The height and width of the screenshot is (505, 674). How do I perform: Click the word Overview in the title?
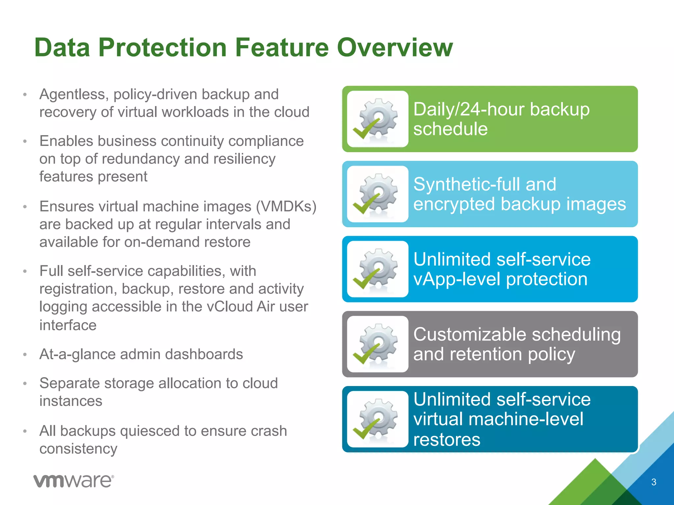coord(395,47)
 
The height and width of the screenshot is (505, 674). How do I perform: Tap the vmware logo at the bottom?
coord(74,481)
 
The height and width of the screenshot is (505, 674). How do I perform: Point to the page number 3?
coord(654,482)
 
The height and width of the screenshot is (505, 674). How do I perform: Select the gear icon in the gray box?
coord(378,344)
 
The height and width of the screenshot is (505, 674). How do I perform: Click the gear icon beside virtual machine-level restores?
coord(378,419)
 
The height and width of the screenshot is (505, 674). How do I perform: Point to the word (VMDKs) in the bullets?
coord(286,206)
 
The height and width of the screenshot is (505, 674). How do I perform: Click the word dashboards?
coord(204,354)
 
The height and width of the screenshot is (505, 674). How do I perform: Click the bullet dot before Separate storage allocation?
coord(25,384)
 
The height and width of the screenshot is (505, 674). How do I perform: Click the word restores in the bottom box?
coord(447,440)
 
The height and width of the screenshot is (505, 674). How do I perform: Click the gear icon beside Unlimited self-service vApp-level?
coord(378,269)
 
